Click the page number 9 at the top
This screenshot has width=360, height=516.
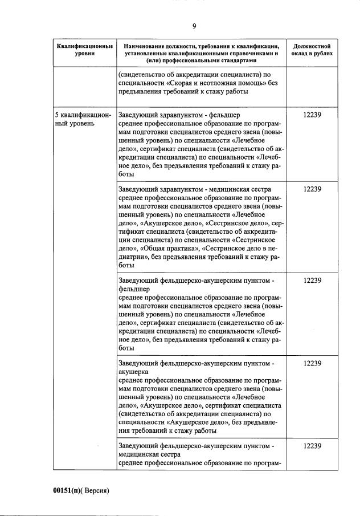194,26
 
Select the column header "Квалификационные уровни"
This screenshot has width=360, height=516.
84,49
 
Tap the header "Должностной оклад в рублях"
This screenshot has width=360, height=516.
312,49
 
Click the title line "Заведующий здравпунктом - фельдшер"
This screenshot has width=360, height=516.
179,115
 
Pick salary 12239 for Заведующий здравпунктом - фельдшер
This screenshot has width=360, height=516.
312,115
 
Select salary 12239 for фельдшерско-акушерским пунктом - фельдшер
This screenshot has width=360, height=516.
312,281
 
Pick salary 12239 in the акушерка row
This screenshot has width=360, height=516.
312,363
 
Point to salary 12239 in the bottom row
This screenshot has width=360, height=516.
312,446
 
